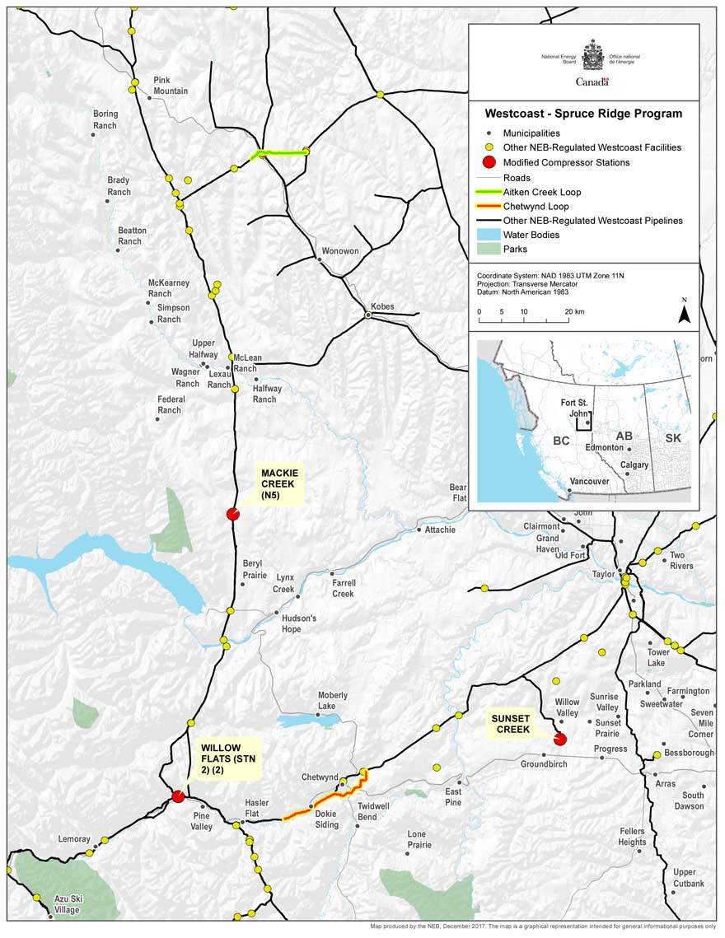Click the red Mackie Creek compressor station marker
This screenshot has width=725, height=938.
point(233,514)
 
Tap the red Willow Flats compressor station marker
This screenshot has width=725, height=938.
point(177,796)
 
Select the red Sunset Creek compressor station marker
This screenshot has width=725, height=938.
point(560,739)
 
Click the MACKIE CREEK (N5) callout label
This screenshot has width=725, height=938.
point(280,484)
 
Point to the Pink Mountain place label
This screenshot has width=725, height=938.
point(171,86)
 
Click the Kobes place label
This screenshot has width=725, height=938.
point(382,306)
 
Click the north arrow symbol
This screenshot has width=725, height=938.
point(683,312)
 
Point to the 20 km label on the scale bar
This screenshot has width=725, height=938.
point(574,312)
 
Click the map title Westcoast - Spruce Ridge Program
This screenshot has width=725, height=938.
point(583,114)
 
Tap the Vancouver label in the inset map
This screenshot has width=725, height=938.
point(588,481)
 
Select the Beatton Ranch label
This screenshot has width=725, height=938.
point(132,236)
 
